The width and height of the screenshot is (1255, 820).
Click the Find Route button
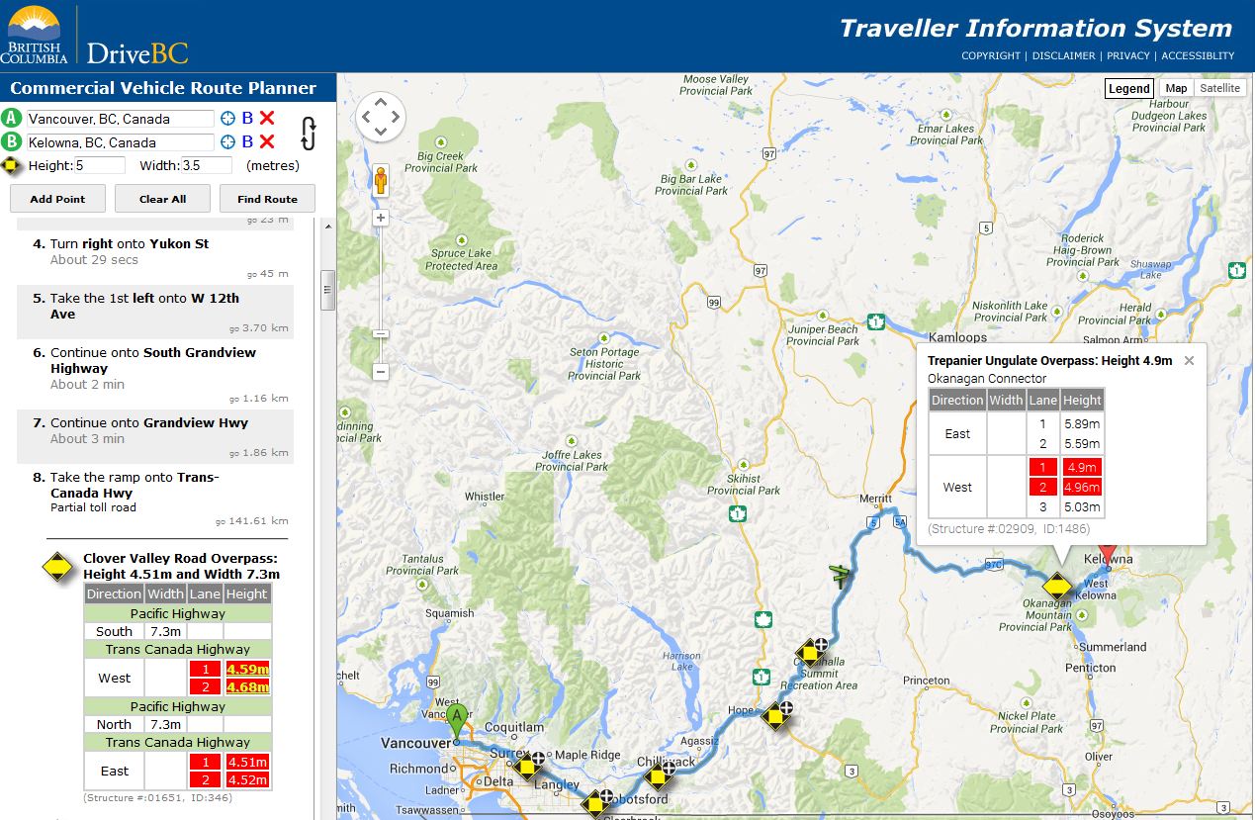point(267,199)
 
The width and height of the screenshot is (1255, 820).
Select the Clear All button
point(162,199)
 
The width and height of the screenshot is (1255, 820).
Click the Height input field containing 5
point(100,165)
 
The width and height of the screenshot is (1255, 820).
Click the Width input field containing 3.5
point(206,165)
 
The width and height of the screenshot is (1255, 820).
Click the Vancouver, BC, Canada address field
point(120,119)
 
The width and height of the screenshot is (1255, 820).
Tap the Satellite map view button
point(1219,88)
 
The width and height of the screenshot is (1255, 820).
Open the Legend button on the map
point(1128,88)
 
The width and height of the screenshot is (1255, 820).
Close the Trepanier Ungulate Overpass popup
point(1189,361)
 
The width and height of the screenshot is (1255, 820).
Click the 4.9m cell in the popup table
point(1082,468)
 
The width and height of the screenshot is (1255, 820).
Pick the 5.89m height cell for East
point(1082,424)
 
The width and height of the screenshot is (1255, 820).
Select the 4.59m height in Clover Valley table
point(247,669)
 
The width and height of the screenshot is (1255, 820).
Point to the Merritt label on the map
point(876,500)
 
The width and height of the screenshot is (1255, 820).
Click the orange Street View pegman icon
point(381,181)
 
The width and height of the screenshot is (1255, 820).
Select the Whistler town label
point(485,497)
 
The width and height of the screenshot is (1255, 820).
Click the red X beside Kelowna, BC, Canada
point(267,141)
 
